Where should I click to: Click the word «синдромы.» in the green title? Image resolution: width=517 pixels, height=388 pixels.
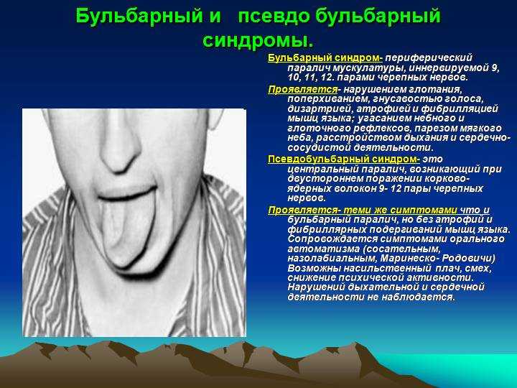point(258,40)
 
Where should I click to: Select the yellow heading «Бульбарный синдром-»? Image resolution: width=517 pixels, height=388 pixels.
point(325,57)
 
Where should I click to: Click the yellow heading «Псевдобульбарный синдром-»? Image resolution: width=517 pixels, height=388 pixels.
point(343,159)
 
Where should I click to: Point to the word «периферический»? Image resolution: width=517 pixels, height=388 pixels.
point(429,58)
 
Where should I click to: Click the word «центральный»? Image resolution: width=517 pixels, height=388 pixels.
point(323,169)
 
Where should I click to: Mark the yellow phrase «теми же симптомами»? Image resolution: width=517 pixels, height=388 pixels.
point(400,210)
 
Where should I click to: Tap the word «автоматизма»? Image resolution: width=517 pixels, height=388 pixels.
point(323,249)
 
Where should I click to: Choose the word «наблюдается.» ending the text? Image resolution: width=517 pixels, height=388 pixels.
point(418,297)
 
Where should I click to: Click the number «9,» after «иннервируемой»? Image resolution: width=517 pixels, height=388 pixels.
point(495,68)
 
